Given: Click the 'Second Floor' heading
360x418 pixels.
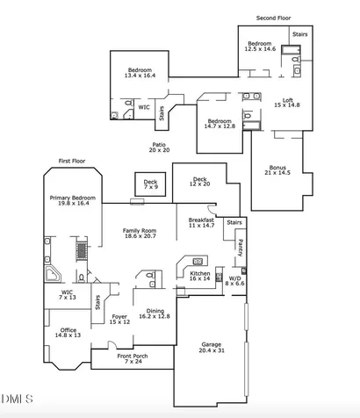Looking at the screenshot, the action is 273,18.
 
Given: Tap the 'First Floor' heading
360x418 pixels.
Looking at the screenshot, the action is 72,161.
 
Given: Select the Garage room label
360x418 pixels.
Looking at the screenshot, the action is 212,348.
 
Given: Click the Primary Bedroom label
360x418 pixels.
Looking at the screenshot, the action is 73,200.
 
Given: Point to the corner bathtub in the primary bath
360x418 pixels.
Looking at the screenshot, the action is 53,274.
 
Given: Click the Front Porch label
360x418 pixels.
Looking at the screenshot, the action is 133,359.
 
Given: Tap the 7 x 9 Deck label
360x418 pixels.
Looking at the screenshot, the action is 150,184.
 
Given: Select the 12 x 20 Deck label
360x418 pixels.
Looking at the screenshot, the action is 199,182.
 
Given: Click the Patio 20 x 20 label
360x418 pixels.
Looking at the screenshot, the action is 159,148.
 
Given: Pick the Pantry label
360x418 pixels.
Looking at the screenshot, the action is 241,248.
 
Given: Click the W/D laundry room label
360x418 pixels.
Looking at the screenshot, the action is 234,281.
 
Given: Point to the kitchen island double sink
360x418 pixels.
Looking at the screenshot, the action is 198,261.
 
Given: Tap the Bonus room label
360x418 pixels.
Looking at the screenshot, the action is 277,170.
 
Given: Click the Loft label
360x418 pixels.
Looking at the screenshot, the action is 287,103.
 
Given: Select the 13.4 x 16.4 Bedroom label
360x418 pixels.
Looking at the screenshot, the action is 140,73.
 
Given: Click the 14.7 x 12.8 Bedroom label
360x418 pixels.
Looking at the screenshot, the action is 220,124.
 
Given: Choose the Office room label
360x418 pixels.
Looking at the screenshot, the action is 68,333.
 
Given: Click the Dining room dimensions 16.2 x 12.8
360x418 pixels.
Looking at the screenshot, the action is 155,316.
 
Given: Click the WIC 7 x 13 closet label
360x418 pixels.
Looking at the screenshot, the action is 68,295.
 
